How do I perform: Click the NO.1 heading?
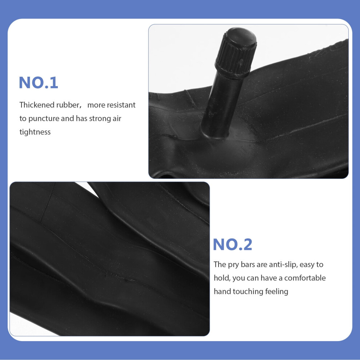pos(38,83)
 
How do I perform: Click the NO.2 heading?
pos(232,244)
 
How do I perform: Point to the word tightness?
pos(35,132)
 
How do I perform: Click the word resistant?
pos(121,105)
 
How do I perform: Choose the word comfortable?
pos(305,278)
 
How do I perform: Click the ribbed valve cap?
pos(236,53)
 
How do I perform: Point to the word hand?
pos(222,291)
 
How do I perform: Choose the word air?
pos(117,119)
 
